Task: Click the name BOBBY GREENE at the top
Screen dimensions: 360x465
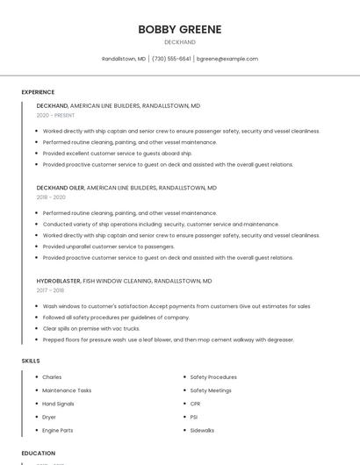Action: tap(179, 29)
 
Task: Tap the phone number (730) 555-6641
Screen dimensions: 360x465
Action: tap(171, 59)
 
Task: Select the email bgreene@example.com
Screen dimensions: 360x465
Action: tap(227, 59)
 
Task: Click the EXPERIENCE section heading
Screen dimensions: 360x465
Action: tap(38, 92)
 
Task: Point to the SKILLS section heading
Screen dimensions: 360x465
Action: tap(31, 361)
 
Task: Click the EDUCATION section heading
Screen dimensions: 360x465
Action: tap(38, 454)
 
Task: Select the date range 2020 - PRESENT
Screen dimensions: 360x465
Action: tap(55, 115)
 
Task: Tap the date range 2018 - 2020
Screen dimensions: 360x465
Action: tap(51, 197)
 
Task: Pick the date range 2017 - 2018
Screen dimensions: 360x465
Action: tap(50, 290)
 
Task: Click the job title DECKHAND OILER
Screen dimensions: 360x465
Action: tap(60, 188)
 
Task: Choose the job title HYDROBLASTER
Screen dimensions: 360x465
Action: tap(58, 281)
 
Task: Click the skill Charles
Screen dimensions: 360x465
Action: tap(52, 377)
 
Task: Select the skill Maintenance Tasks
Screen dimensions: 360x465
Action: tap(67, 390)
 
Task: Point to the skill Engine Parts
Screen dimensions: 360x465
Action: tap(58, 431)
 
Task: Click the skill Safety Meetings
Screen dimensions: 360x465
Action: tap(211, 390)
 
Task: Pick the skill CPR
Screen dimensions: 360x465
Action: tap(196, 404)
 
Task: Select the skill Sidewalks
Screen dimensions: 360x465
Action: tap(203, 431)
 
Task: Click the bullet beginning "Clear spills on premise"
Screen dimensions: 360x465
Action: tap(91, 328)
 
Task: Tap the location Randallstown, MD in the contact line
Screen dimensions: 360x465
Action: tap(124, 59)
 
